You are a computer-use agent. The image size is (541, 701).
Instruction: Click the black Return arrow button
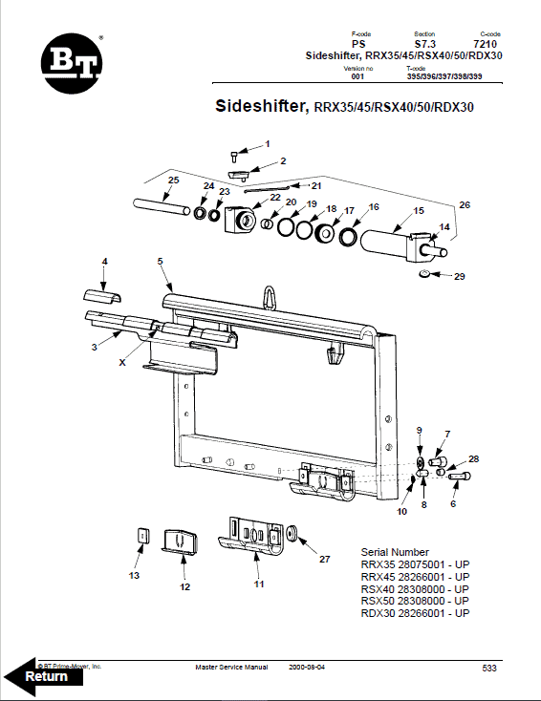coord(44,676)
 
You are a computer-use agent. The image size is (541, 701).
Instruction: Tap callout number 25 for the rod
coord(173,181)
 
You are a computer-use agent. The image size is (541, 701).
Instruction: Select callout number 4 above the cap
coord(105,261)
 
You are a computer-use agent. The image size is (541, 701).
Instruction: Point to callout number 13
coord(134,576)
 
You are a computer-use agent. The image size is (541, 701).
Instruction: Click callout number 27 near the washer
coord(324,560)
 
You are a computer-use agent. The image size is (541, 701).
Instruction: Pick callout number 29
coord(460,277)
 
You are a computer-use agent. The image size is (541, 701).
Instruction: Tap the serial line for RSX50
coord(415,601)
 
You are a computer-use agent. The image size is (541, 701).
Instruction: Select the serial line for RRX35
coord(415,564)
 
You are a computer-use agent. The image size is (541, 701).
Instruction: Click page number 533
coord(489,668)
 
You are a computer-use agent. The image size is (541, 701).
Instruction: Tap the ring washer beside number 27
coord(292,531)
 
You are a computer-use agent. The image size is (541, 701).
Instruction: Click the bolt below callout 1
coord(234,155)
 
